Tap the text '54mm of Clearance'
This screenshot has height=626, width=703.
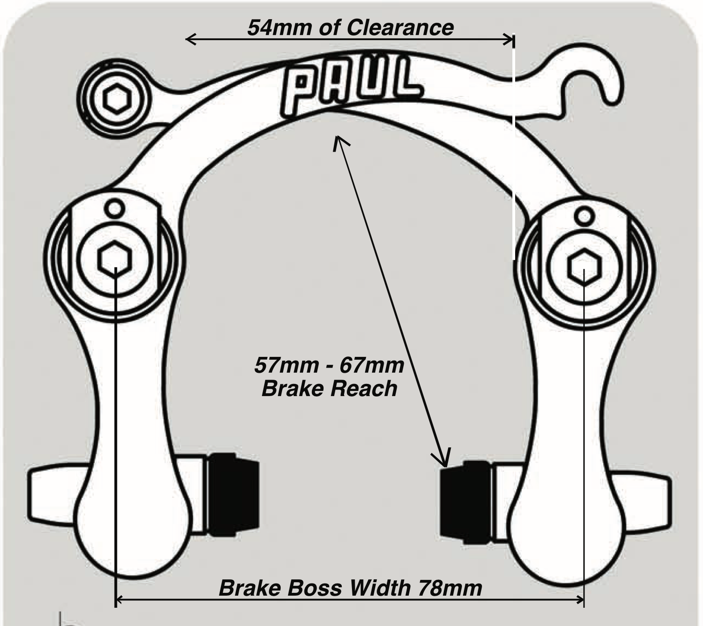click(350, 27)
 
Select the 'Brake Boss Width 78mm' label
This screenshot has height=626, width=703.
click(350, 588)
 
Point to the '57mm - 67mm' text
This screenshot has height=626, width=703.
click(329, 365)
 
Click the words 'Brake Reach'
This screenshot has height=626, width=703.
click(329, 389)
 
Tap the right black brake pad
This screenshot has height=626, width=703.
click(465, 502)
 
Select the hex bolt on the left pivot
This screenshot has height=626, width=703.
click(115, 258)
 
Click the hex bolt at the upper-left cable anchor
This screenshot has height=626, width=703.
click(115, 98)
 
